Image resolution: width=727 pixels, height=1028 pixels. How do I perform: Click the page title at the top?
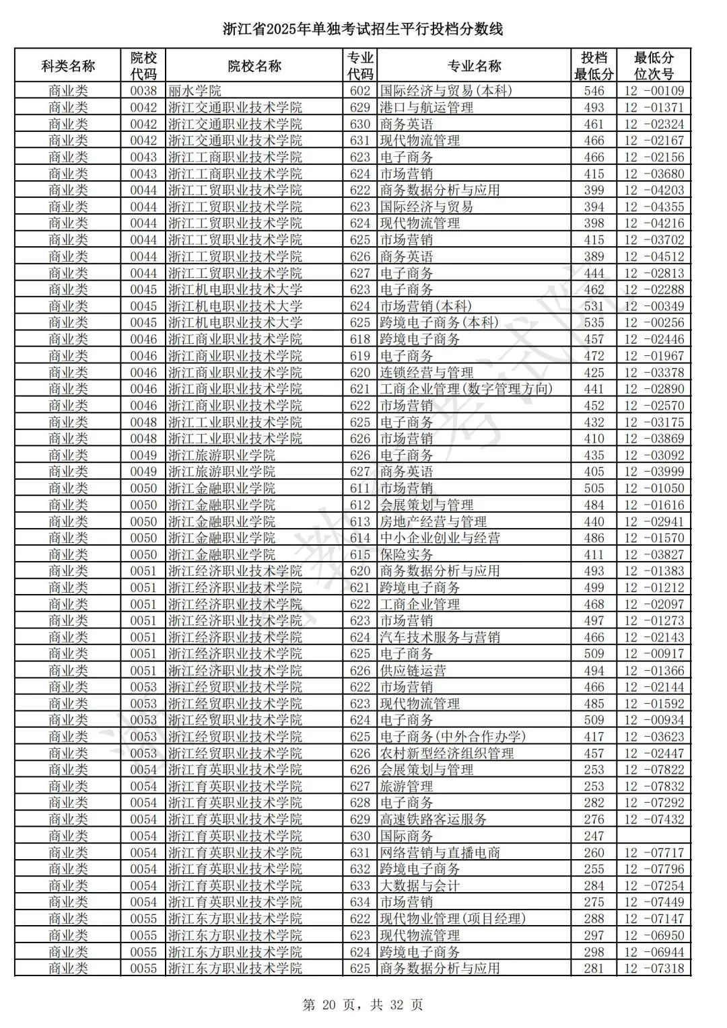click(x=363, y=30)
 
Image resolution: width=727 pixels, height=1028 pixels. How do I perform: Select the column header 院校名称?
click(x=254, y=66)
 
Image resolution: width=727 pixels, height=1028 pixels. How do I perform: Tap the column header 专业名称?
click(x=474, y=66)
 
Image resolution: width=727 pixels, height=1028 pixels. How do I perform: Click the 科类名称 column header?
click(x=68, y=66)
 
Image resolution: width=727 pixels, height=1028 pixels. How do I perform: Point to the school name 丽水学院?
click(x=195, y=91)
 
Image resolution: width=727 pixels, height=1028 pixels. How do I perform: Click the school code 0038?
click(x=143, y=91)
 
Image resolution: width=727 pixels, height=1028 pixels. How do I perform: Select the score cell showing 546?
click(x=594, y=91)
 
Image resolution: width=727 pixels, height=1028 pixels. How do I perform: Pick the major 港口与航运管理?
click(x=427, y=108)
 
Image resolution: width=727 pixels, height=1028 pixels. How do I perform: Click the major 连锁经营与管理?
click(x=427, y=373)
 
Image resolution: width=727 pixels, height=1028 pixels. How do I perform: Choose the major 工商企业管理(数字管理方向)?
click(x=466, y=389)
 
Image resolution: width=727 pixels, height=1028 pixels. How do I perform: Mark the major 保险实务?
click(x=407, y=554)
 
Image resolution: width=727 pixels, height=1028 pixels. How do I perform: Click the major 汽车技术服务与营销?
click(x=440, y=637)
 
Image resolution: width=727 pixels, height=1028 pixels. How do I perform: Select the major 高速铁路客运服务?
click(x=434, y=819)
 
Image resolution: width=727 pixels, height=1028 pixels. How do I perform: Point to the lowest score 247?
click(x=594, y=836)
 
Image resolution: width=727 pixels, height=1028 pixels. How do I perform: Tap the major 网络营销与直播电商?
click(x=440, y=852)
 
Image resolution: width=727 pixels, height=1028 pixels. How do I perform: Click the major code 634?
click(x=360, y=902)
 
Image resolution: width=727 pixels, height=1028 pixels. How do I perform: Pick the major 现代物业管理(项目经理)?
click(x=452, y=919)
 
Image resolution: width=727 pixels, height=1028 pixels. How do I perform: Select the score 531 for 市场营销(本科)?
click(x=594, y=306)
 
